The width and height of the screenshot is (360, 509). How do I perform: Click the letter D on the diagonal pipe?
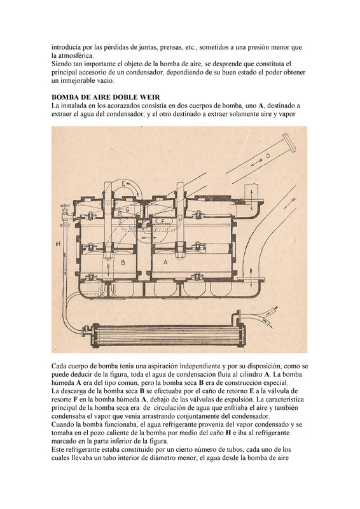click(268, 156)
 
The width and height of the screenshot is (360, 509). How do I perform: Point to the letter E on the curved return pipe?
click(123, 183)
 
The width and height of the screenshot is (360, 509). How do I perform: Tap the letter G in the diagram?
click(127, 210)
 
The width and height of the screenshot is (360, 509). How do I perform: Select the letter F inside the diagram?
click(163, 221)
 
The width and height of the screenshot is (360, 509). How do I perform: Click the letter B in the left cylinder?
click(123, 262)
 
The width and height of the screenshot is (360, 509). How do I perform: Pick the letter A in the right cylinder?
click(165, 262)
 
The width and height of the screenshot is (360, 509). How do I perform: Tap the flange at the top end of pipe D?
click(289, 142)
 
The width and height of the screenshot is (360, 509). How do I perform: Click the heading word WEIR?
click(150, 97)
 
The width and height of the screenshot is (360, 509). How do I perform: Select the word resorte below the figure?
click(61, 400)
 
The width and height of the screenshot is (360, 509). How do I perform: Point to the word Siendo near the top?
click(60, 64)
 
